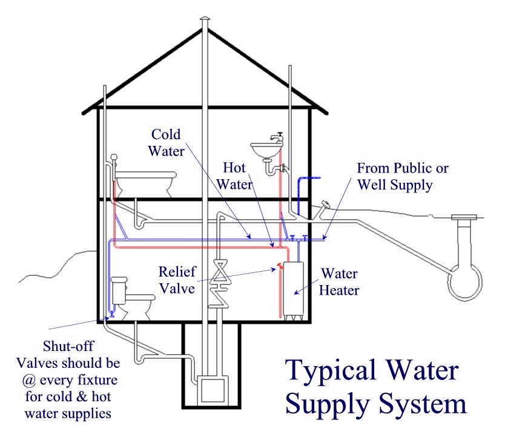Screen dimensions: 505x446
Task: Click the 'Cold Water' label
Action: pyautogui.click(x=166, y=143)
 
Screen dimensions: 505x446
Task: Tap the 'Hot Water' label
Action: pyautogui.click(x=234, y=176)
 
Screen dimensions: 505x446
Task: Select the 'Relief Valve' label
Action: pyautogui.click(x=177, y=280)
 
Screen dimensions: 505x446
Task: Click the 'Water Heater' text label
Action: pyautogui.click(x=339, y=282)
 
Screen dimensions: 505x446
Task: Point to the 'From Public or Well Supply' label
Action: pyautogui.click(x=403, y=177)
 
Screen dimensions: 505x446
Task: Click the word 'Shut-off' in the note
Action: pyautogui.click(x=68, y=346)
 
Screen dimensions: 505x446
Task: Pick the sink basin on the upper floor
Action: pyautogui.click(x=266, y=150)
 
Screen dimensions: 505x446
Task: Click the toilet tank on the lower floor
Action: pyautogui.click(x=119, y=290)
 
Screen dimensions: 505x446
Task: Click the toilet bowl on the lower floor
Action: pyautogui.click(x=139, y=306)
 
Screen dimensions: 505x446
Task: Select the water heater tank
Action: pyautogui.click(x=294, y=289)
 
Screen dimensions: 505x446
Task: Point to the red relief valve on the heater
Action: pyautogui.click(x=279, y=266)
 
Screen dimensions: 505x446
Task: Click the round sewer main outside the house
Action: pyautogui.click(x=465, y=283)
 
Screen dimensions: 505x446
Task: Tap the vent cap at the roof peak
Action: pyautogui.click(x=205, y=19)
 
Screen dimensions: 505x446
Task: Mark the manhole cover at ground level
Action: pyautogui.click(x=464, y=217)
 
